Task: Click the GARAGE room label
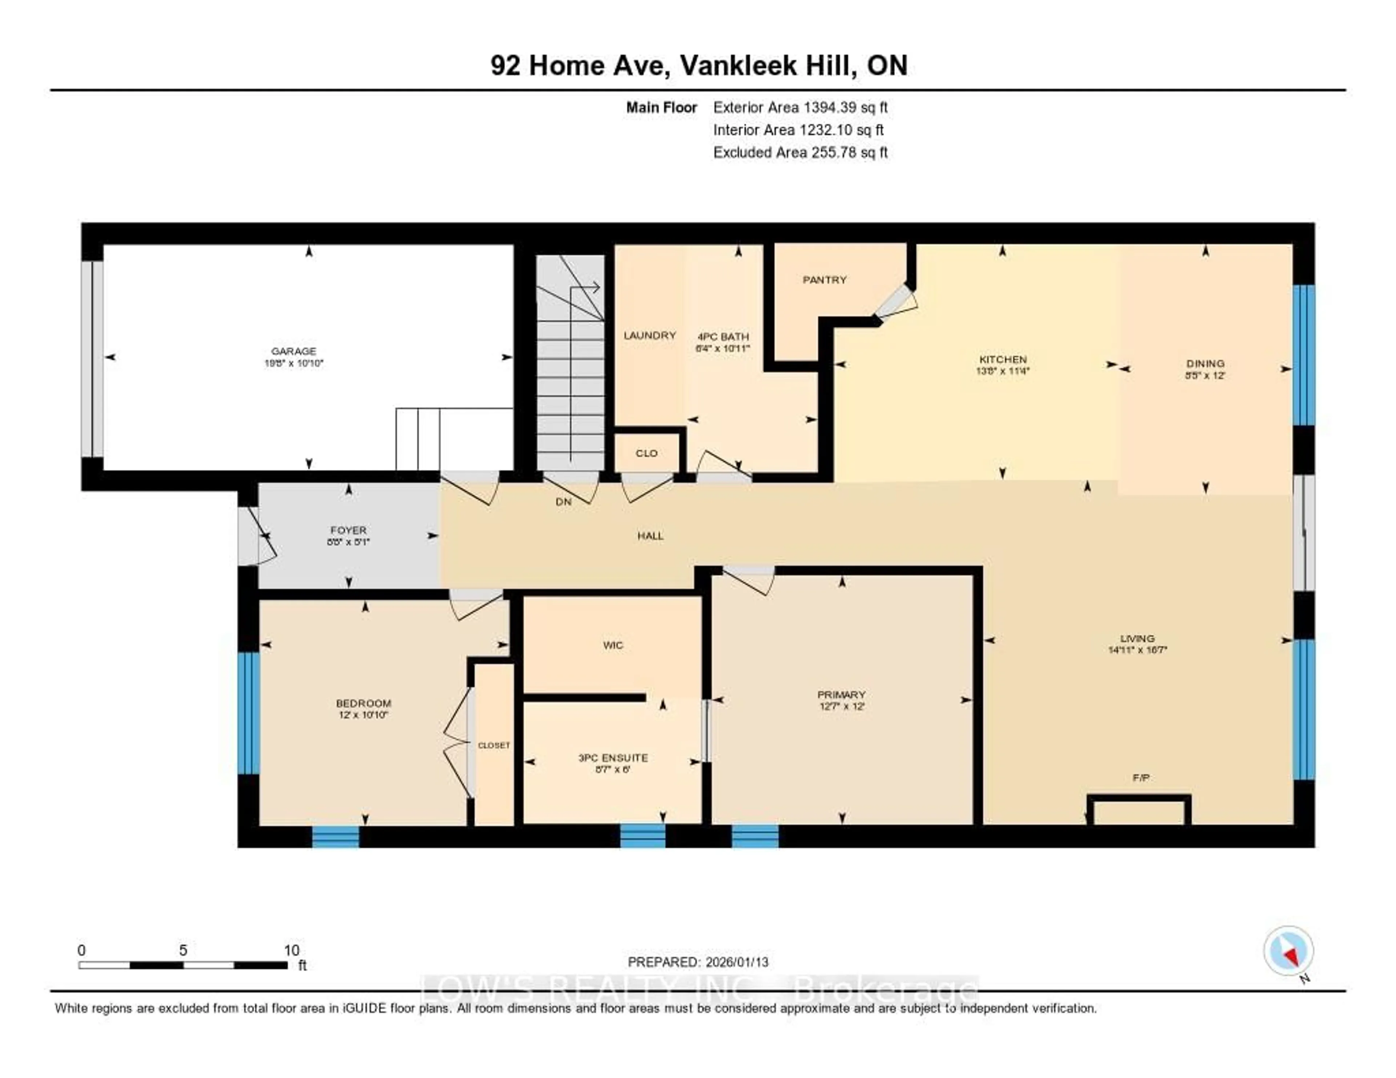293,351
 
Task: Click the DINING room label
1205,363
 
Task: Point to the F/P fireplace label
1140,778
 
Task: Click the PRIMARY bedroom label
841,695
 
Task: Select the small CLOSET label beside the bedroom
494,745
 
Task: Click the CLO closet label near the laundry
646,453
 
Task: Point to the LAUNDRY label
649,335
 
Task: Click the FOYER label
348,530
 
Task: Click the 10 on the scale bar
292,950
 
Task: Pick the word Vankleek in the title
738,66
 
